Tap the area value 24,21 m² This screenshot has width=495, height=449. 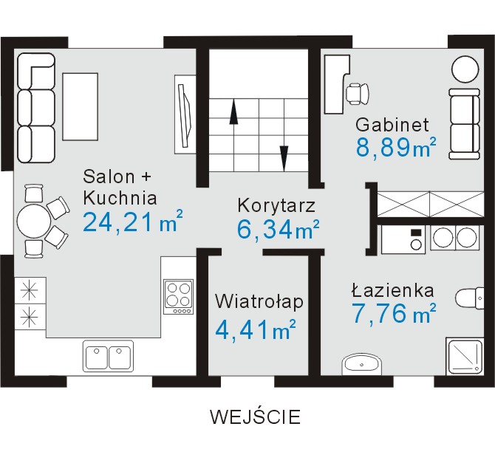tap(133, 222)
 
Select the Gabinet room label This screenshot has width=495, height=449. tap(392, 124)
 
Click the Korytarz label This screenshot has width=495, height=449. tap(276, 205)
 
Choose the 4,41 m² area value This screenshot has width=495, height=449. tap(256, 330)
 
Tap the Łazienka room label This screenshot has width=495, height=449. tap(393, 290)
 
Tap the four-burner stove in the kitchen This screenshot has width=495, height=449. tap(179, 297)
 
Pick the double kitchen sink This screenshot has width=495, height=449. tap(108, 356)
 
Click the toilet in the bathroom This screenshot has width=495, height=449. tap(470, 298)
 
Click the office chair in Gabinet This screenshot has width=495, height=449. tap(358, 93)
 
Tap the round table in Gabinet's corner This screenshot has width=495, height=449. tap(465, 69)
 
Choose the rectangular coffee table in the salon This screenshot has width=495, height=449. tap(81, 106)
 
